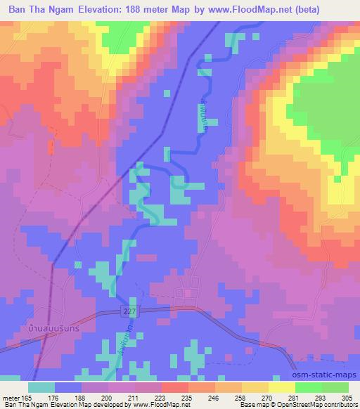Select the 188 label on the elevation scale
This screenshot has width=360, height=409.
(81, 398)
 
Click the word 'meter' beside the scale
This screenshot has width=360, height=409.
(10, 398)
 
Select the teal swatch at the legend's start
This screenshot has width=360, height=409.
(41, 387)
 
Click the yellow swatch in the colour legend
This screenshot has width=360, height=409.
(281, 387)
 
